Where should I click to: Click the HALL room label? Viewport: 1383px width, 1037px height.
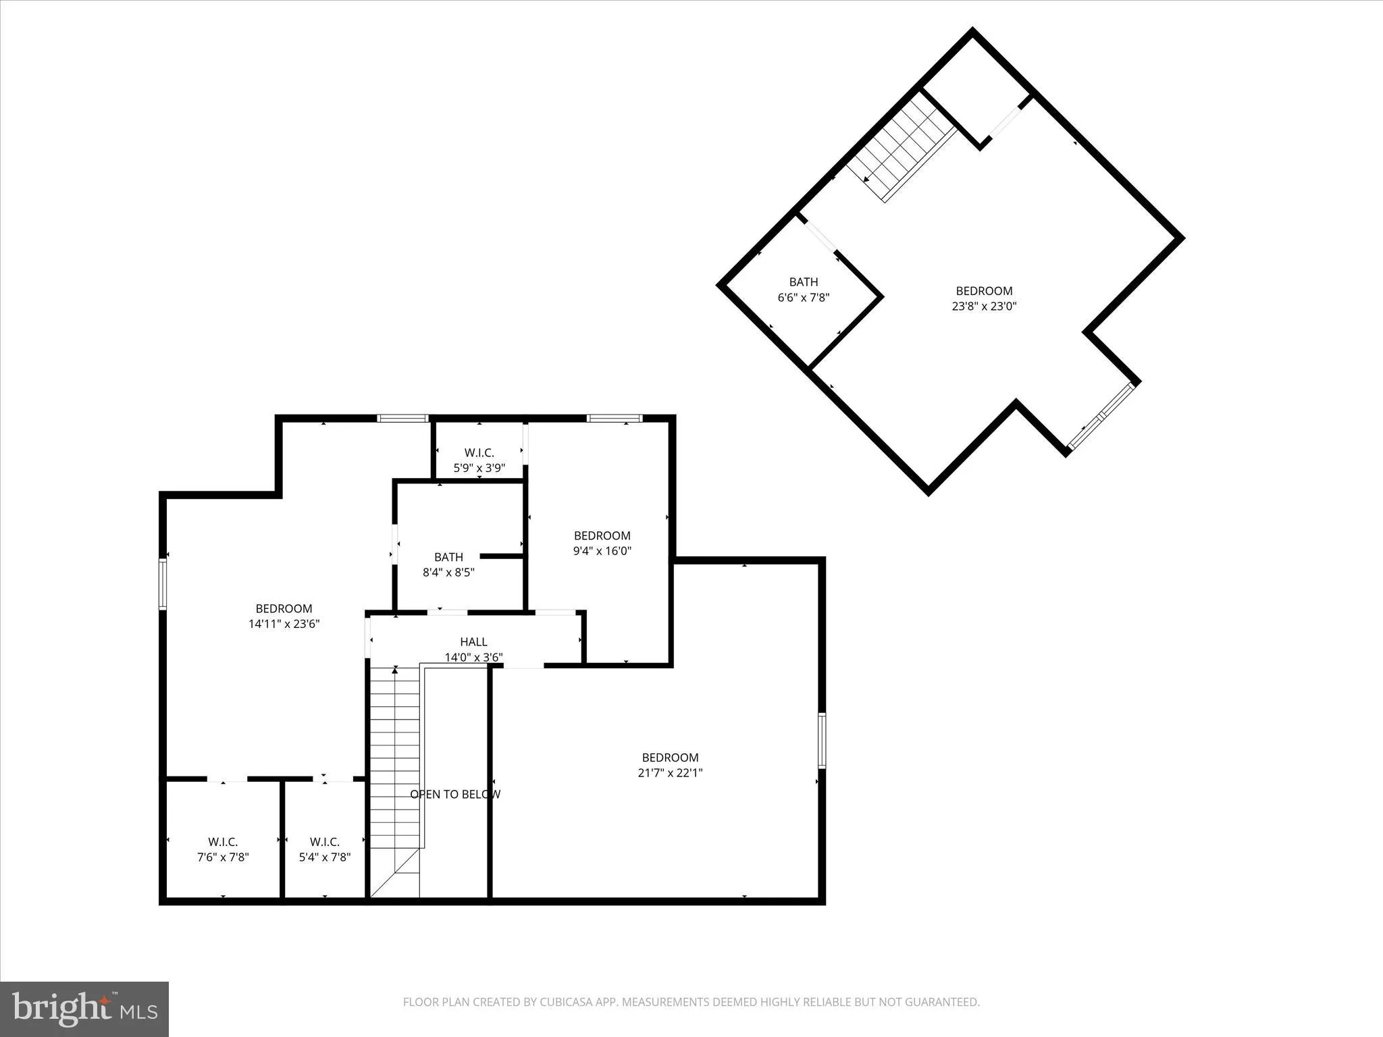(473, 641)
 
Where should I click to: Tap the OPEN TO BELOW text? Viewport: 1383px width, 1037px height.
(455, 794)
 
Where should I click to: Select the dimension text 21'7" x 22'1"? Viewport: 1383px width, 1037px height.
(670, 773)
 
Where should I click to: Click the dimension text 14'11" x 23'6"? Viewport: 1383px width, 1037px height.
(284, 624)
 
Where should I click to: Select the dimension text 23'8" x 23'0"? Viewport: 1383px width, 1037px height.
(983, 306)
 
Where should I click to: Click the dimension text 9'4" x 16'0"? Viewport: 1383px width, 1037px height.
(602, 551)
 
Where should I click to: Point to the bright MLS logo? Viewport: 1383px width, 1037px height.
(84, 1009)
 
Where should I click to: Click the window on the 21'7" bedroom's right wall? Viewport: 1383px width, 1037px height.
(822, 740)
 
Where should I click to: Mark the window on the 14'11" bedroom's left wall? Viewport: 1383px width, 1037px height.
(163, 583)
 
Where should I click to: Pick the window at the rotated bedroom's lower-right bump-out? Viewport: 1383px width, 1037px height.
(1102, 416)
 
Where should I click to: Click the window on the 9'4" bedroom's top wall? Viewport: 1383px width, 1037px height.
(614, 419)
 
